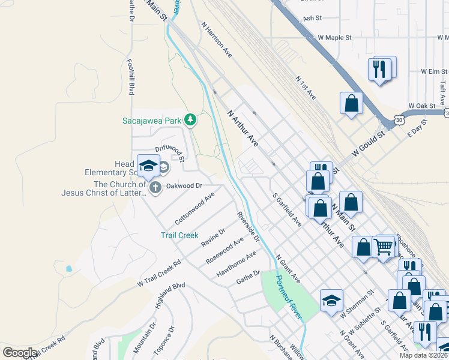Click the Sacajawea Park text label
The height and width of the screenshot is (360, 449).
151,121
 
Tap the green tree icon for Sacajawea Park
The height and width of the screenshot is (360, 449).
190,121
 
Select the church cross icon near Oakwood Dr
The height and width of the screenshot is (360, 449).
155,188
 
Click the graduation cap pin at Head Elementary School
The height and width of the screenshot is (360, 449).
148,167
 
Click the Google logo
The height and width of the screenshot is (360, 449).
19,353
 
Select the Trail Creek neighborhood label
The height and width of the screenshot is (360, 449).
179,235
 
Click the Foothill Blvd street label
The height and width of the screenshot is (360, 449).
130,76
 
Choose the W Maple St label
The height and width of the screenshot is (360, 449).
334,37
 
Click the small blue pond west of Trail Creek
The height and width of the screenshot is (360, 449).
70,269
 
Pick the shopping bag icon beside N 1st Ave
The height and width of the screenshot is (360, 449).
351,103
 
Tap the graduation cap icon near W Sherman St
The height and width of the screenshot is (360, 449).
330,301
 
